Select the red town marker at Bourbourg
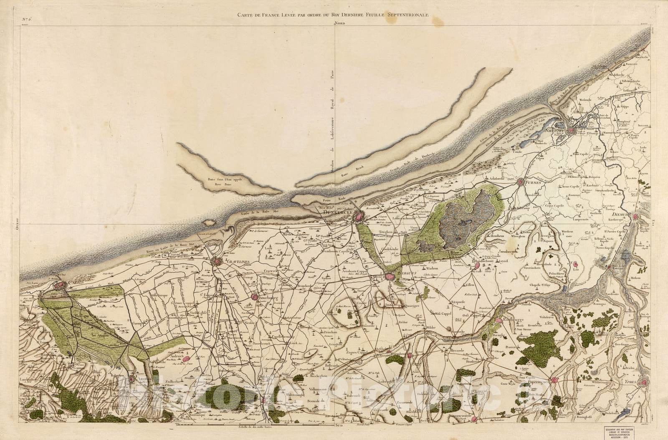pos(255,297)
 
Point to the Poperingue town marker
pos(554,380)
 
